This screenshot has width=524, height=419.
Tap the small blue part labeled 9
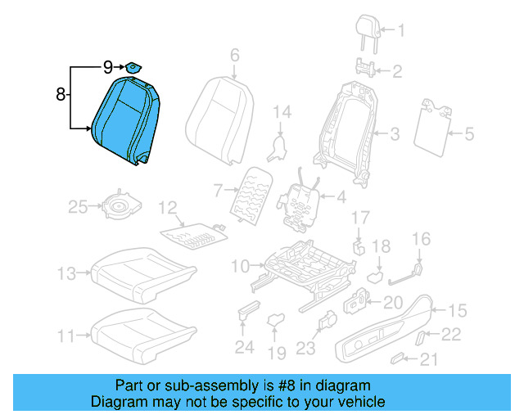pos(131,66)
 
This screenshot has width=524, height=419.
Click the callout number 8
pos(60,95)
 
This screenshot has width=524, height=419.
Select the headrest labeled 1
pos(368,29)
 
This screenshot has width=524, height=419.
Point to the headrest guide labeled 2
pos(367,69)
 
